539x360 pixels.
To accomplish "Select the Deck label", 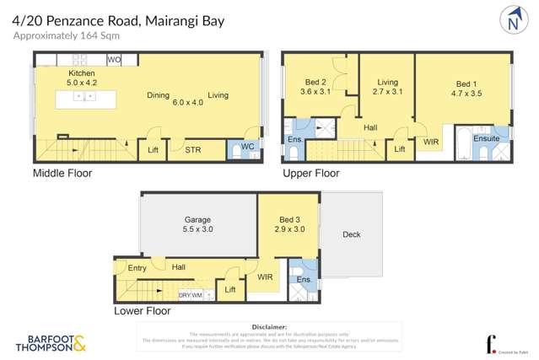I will [351, 234].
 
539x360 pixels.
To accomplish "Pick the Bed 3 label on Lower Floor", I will [288, 220].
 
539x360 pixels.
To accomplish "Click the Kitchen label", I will [82, 74].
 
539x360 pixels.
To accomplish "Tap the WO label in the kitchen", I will [115, 60].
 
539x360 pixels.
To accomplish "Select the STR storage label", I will [192, 150].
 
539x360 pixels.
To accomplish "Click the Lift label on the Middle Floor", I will [153, 150].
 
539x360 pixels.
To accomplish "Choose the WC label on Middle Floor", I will [247, 147].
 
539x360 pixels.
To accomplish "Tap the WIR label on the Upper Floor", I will [431, 142].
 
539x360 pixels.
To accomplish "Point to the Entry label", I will [137, 268].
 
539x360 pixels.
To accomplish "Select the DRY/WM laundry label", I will [190, 295].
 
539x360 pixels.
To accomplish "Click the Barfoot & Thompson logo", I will [51, 343].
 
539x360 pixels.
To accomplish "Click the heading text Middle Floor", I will [62, 174].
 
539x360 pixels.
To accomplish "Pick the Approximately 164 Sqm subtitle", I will [67, 35].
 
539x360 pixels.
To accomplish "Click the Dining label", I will [159, 95].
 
